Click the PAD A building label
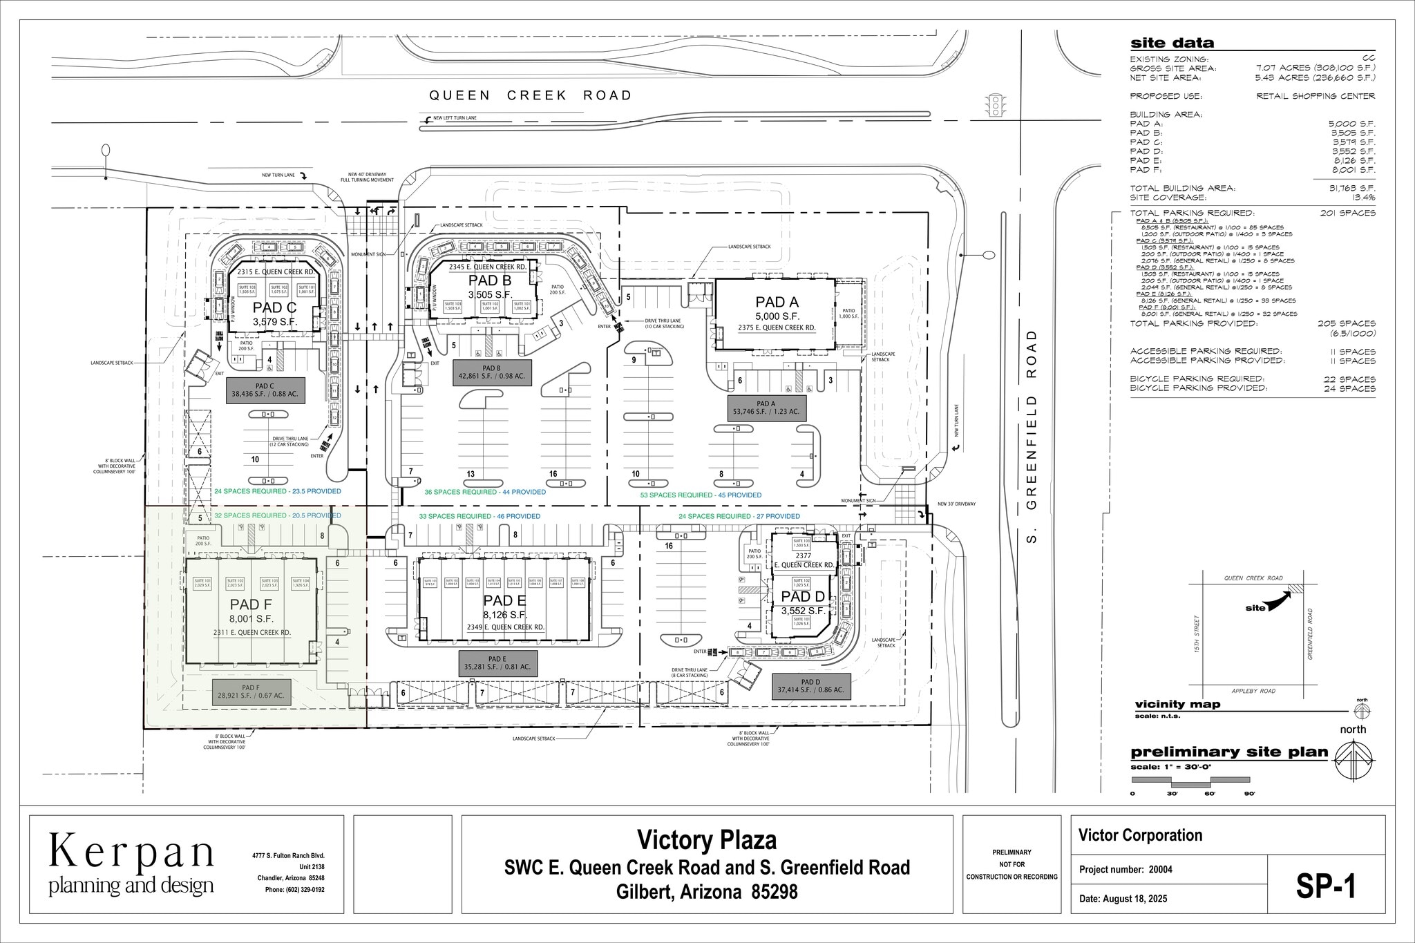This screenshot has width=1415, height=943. (777, 302)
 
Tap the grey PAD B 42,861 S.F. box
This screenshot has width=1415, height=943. (491, 372)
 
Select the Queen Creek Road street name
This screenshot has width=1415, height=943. (530, 95)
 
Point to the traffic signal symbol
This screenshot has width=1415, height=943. (996, 104)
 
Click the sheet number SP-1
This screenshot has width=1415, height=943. (1325, 887)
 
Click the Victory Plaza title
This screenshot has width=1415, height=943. (706, 840)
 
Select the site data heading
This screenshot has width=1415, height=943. (1172, 44)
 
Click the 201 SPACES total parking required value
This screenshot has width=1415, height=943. (1347, 213)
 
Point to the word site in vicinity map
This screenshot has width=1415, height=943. (1255, 608)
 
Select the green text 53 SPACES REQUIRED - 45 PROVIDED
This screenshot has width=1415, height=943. (701, 495)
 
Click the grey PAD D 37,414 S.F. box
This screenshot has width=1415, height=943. (808, 685)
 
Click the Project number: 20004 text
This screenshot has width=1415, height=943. (1126, 870)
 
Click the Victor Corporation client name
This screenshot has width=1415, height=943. (1140, 835)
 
